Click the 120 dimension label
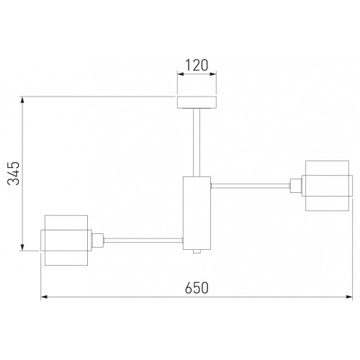(197, 66)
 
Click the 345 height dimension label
(14, 174)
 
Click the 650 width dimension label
(197, 288)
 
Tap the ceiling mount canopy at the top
(197, 102)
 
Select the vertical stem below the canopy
(197, 143)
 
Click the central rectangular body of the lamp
(197, 213)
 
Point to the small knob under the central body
(197, 251)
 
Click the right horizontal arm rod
(250, 186)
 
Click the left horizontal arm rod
(143, 240)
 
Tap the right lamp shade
(328, 186)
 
